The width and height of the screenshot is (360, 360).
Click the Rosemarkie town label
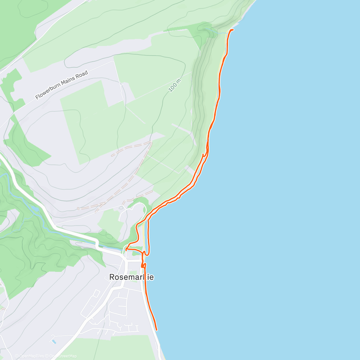[131, 277]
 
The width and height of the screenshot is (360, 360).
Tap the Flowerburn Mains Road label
[61, 85]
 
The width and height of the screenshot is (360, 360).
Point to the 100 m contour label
[175, 85]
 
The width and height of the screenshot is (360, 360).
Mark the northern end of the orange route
[233, 30]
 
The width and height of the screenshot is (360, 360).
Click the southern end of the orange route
[156, 330]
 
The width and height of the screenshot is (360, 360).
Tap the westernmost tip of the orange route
[126, 249]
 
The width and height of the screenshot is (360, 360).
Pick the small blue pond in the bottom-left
[54, 341]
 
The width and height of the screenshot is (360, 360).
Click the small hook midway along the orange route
[204, 155]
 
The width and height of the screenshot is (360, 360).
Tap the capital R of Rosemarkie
[112, 277]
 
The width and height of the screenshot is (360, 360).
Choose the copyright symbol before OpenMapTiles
[16, 356]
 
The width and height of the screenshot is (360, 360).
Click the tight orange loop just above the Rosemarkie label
[143, 265]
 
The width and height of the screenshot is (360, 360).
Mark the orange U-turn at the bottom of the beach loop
[147, 255]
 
